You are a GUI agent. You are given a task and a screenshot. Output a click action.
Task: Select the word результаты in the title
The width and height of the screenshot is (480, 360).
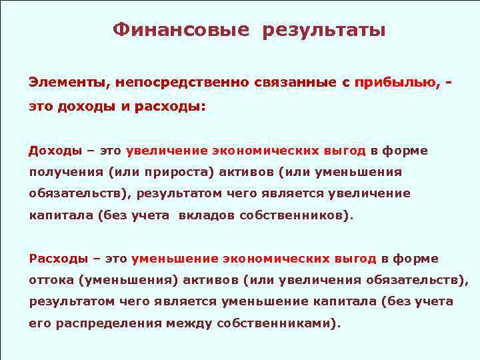(324, 30)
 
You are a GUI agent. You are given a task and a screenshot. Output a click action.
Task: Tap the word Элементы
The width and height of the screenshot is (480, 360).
(69, 83)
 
